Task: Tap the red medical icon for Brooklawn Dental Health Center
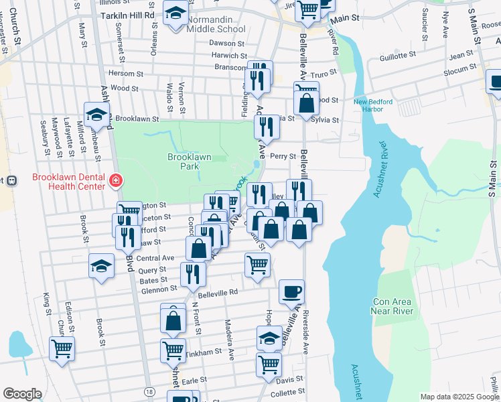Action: point(116,180)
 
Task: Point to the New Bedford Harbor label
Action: point(373,105)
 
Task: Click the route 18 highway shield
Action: point(149,391)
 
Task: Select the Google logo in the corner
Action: point(22,393)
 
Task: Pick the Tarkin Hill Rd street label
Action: point(127,14)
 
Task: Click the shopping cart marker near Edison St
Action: point(62,348)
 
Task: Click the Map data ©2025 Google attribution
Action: point(459,396)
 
